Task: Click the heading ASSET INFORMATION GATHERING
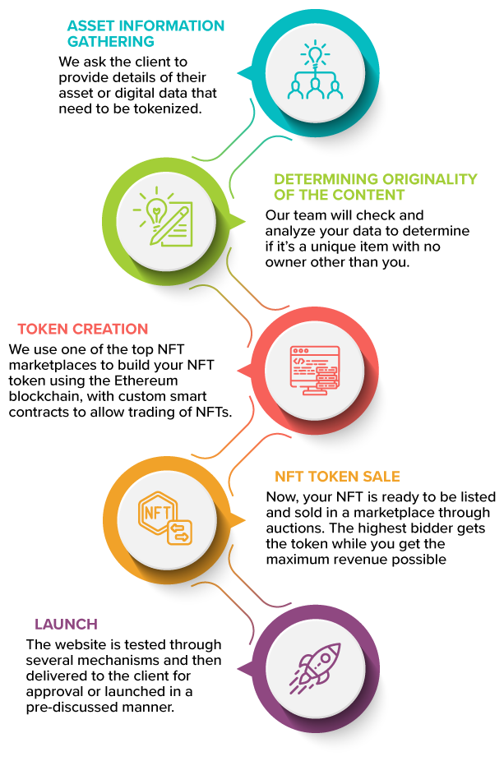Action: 146,34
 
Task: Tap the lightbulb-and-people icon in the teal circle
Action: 316,71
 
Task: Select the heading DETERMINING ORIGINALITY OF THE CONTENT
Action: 376,187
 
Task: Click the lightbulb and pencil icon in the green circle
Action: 163,216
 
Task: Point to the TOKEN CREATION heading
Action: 83,329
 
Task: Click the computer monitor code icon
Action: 315,371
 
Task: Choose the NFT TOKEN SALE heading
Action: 337,477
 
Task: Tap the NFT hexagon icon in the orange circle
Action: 165,518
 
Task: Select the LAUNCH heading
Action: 66,624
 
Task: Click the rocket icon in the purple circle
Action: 315,668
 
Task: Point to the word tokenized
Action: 168,108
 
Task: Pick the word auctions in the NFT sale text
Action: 294,528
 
